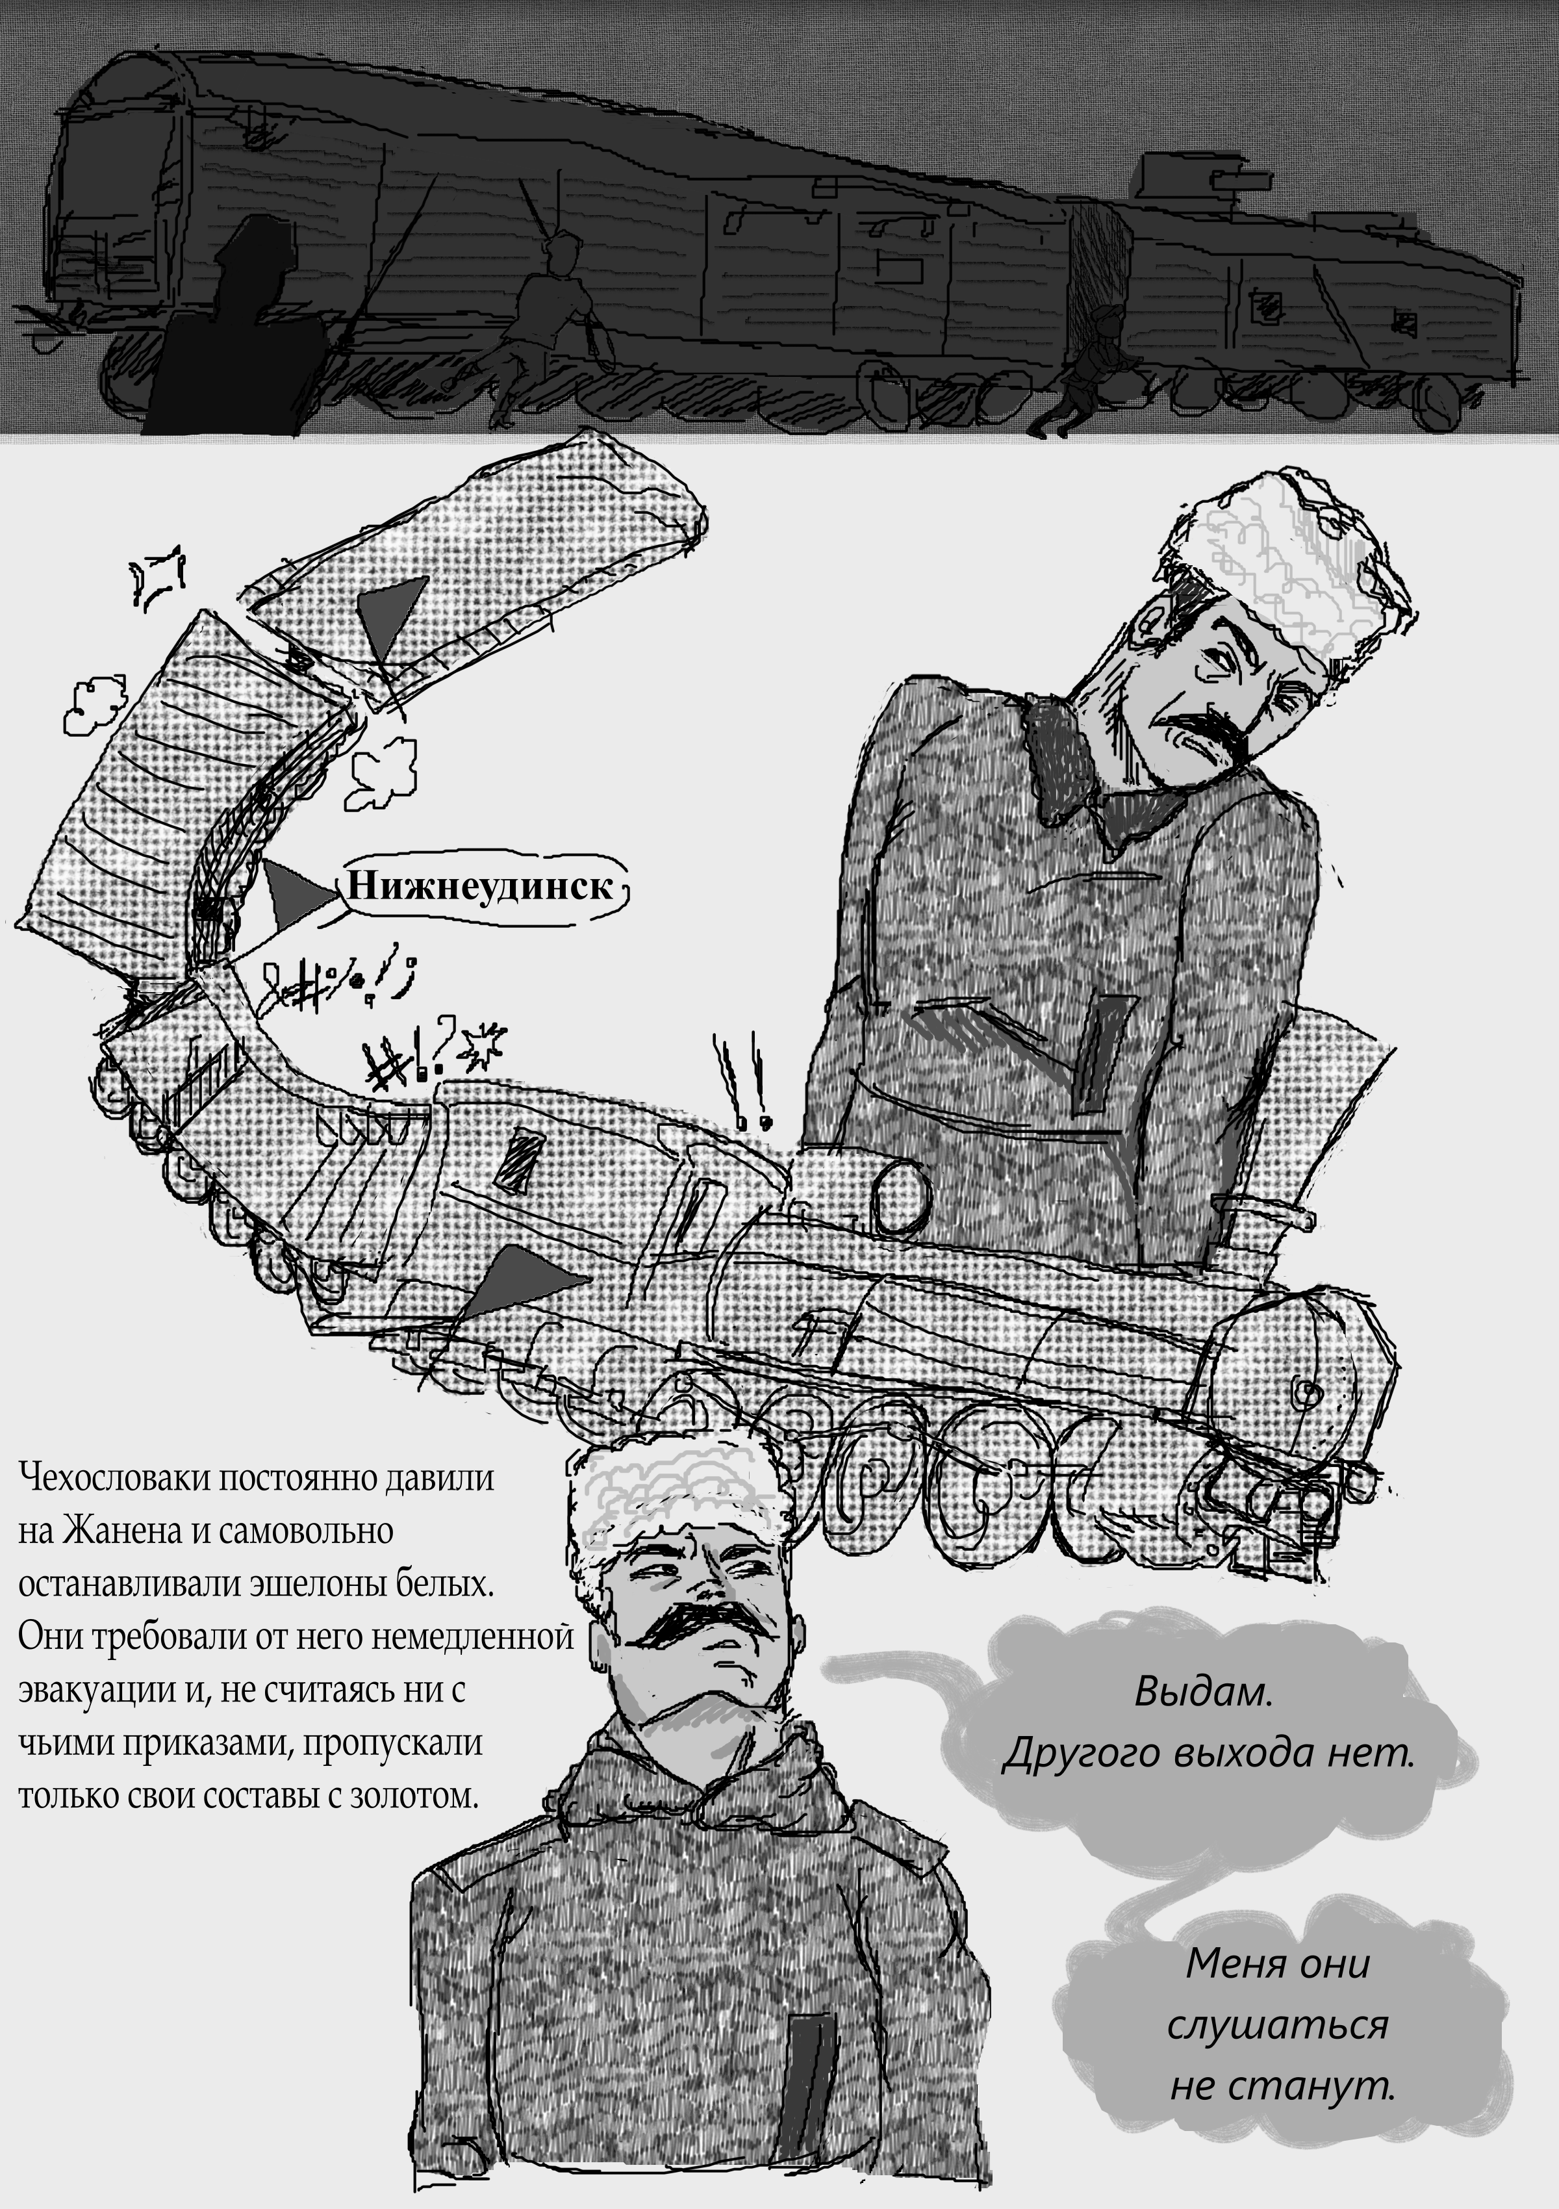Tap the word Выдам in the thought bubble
[1203, 1691]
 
